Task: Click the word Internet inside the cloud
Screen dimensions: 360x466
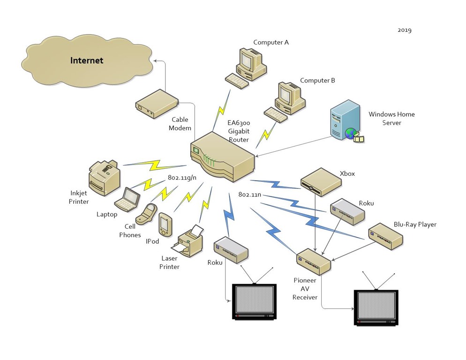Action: click(x=87, y=60)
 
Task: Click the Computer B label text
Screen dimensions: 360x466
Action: click(x=317, y=81)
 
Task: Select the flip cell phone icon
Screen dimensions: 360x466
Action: click(x=146, y=214)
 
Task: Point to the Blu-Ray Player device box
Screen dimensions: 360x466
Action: click(x=385, y=237)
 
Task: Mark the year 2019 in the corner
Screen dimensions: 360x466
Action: click(x=405, y=30)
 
